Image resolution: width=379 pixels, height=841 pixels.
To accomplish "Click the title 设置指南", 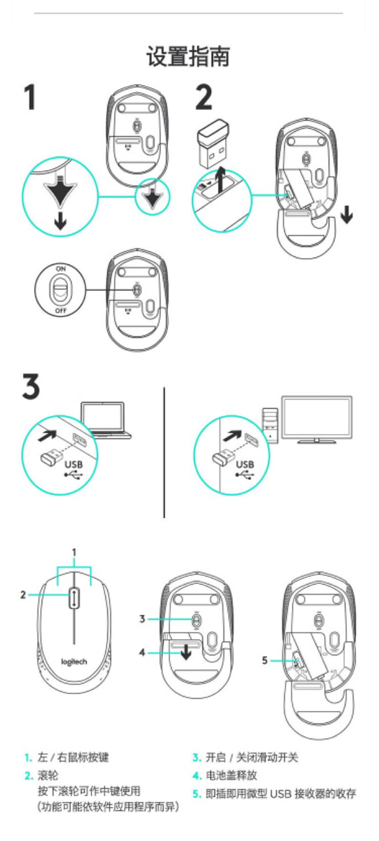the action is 188,56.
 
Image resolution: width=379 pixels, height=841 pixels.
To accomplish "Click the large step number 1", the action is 30,98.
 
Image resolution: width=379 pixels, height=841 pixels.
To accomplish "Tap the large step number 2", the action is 204,98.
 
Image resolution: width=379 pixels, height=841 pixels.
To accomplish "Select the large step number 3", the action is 31,387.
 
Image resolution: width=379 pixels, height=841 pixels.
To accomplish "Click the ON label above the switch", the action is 61,268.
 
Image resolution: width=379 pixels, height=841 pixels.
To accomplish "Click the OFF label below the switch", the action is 61,311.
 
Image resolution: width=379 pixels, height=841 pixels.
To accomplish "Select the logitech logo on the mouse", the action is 74,662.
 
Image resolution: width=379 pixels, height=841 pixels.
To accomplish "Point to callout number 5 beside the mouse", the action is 264,660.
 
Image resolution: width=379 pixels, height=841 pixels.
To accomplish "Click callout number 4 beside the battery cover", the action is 142,652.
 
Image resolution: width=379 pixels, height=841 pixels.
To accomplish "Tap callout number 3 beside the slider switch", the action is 142,619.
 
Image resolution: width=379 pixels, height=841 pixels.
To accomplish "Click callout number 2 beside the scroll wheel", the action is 23,595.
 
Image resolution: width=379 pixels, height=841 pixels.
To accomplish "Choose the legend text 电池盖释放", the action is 231,775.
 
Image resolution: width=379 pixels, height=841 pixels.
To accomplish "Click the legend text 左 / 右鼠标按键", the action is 73,757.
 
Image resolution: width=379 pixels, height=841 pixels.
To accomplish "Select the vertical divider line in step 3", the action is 164,452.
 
